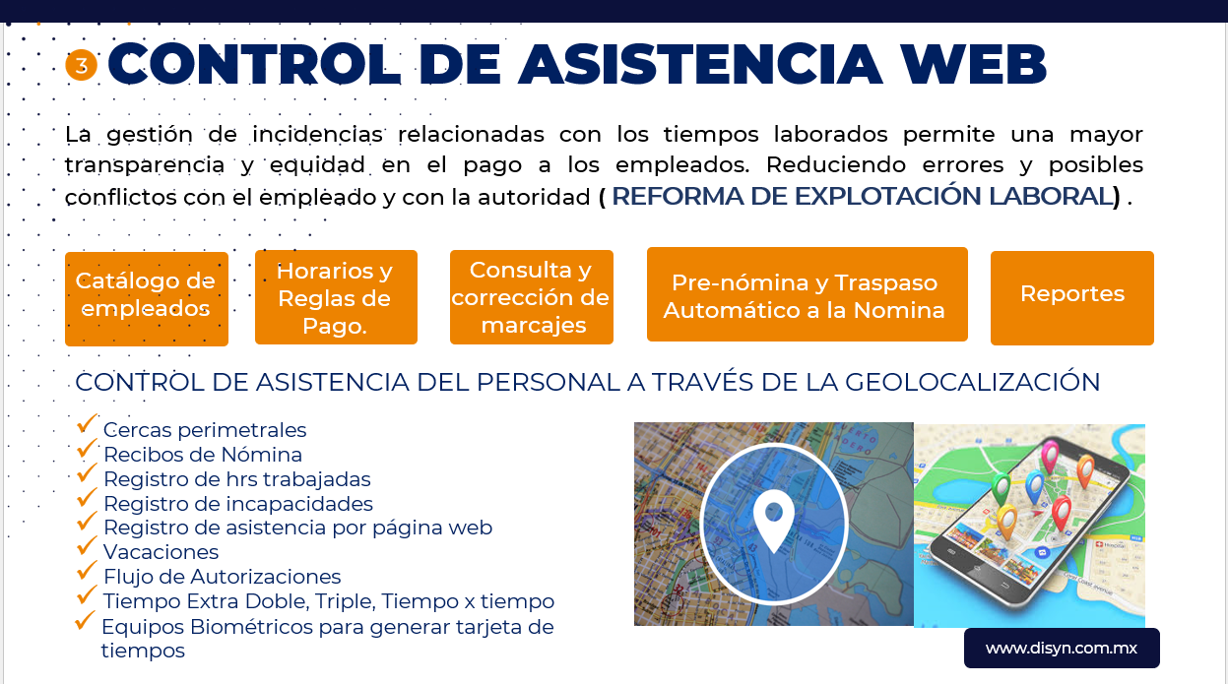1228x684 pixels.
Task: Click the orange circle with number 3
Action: coord(81,65)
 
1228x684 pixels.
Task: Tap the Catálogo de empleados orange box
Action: coord(147,299)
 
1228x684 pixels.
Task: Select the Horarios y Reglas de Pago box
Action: coord(336,297)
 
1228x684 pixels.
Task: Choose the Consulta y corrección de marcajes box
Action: coord(531,297)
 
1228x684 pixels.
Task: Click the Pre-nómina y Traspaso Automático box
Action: coord(807,294)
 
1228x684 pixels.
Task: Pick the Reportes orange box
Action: coord(1071,298)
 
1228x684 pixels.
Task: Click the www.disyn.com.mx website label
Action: coord(1062,648)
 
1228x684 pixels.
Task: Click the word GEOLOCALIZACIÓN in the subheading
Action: coord(973,382)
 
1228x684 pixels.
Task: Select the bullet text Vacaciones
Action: coord(162,552)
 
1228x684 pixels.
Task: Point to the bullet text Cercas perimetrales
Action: coord(205,430)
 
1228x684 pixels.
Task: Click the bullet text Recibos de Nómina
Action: coord(203,455)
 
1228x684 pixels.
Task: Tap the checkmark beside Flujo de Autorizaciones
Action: coord(87,570)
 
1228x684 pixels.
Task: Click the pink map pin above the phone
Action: coord(1050,455)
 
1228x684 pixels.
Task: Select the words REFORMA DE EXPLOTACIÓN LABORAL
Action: coord(862,196)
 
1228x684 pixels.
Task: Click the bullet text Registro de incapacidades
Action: coord(238,504)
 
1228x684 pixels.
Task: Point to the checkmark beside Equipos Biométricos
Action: coord(85,620)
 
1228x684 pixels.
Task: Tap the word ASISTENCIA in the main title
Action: coord(700,64)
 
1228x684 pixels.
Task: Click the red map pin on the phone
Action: coord(1062,512)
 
